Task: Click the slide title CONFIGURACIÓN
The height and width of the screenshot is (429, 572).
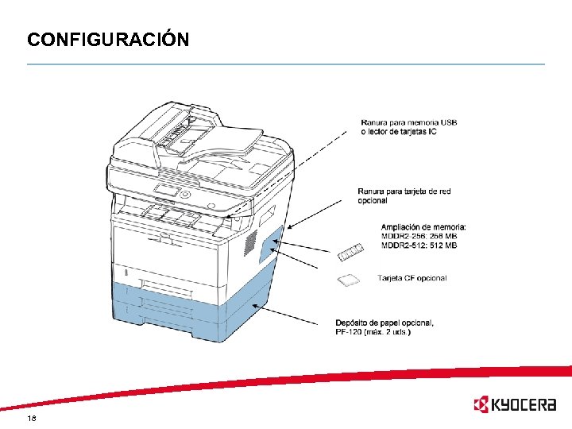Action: [108, 39]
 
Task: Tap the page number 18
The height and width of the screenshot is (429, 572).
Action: [32, 418]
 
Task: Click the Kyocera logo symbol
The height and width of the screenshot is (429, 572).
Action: [481, 405]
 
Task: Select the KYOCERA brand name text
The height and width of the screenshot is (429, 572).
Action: [524, 405]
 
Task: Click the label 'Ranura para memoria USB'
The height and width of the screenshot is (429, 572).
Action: [408, 122]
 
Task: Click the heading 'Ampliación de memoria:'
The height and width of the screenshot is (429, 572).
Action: [423, 227]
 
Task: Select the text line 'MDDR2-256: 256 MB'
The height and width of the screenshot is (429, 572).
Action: [419, 237]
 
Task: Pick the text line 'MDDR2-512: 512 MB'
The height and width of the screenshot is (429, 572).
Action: [419, 245]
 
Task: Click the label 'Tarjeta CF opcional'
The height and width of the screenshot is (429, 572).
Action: [412, 278]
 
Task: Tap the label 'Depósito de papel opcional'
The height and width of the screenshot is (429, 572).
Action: [385, 322]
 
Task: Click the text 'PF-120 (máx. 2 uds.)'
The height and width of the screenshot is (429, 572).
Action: [373, 330]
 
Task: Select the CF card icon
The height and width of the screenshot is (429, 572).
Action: [348, 280]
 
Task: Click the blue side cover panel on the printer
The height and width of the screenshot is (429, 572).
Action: [271, 243]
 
